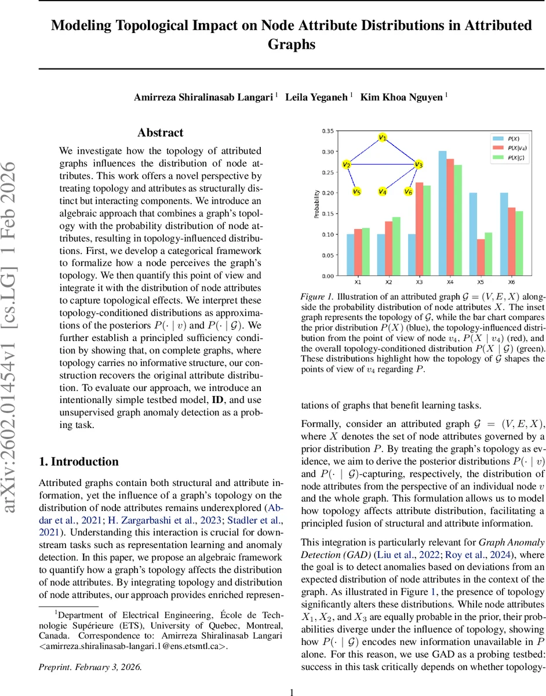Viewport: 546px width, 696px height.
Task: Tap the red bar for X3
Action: tap(420, 229)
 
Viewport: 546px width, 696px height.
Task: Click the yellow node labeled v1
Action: tap(383, 137)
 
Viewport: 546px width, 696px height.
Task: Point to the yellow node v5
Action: tap(356, 191)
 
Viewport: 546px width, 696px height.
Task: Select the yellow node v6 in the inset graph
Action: tap(408, 191)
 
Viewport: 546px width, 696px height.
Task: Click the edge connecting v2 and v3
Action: tap(383, 165)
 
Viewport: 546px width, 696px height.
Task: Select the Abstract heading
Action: tap(160, 133)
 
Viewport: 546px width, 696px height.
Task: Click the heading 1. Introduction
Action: tap(78, 462)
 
